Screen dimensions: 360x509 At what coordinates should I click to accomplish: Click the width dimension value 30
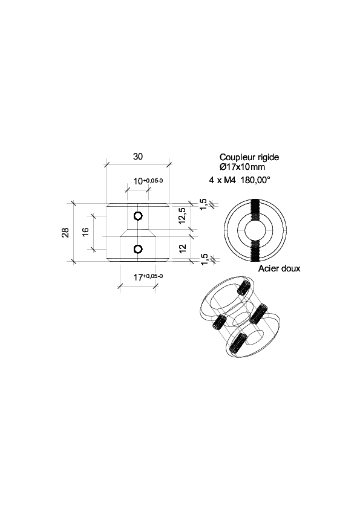138,157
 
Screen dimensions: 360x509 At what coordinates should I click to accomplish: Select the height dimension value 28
65,232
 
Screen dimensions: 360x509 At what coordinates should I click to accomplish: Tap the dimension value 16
85,232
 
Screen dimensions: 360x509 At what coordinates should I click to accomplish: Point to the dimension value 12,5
182,216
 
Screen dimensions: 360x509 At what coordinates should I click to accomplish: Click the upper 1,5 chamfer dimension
203,204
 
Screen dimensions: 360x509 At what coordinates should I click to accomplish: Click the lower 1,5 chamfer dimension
204,259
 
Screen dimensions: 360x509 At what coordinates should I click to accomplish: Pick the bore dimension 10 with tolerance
148,181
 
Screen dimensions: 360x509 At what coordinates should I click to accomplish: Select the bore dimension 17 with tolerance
148,277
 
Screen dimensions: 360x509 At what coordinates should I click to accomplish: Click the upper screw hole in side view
138,216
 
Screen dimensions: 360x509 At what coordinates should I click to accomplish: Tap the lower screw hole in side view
138,249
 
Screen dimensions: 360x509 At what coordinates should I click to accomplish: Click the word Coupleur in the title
235,157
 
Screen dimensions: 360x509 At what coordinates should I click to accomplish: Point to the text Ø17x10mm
242,167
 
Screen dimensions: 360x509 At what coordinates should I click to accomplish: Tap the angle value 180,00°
255,180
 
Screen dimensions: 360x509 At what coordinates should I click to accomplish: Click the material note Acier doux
279,268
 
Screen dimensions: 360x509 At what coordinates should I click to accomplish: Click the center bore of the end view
255,231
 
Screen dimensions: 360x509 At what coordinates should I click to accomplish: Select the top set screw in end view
255,210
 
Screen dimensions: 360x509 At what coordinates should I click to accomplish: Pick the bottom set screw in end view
255,251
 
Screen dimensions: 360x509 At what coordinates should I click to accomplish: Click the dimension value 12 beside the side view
183,248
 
